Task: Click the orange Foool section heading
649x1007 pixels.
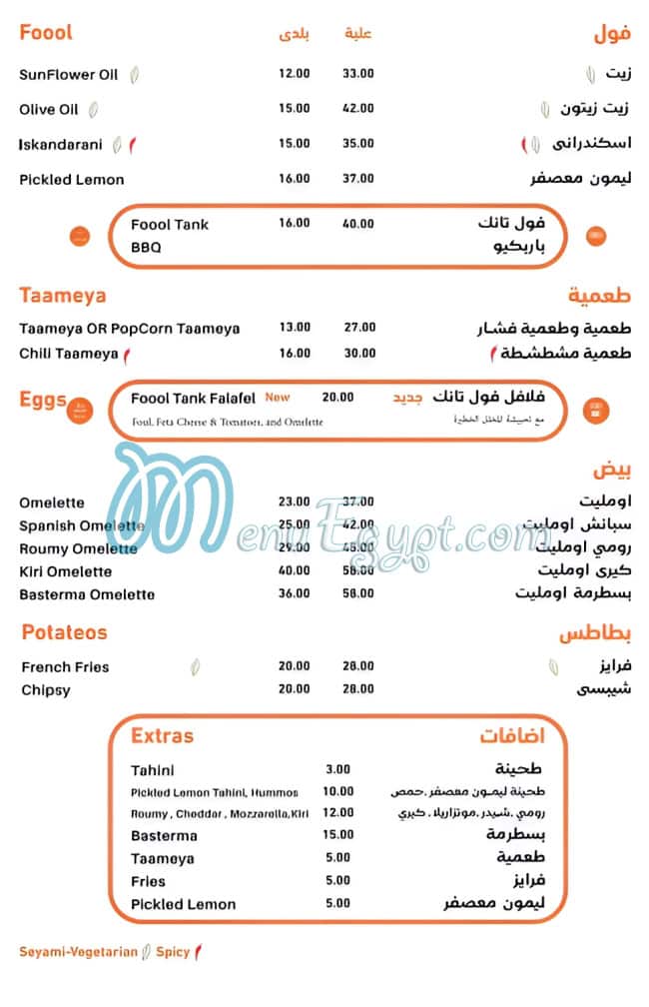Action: tap(46, 33)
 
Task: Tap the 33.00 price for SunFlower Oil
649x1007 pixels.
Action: tap(358, 74)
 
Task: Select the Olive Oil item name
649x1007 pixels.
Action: tap(48, 109)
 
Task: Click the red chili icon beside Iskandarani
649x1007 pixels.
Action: tap(132, 144)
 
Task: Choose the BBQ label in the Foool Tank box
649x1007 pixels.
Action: tap(146, 247)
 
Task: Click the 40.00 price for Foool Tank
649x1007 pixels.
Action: tap(358, 224)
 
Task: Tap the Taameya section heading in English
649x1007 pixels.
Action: tap(63, 296)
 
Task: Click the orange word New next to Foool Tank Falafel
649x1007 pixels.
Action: tap(278, 398)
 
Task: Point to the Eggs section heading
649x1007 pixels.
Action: tap(43, 401)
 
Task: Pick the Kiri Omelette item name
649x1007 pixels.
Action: tap(65, 571)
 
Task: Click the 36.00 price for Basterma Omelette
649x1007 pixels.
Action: tap(295, 594)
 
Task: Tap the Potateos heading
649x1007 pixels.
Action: tap(64, 632)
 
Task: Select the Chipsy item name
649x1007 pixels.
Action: tap(46, 689)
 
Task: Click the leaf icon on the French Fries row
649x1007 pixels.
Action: tap(198, 666)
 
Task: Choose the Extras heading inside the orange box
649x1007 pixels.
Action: tap(162, 736)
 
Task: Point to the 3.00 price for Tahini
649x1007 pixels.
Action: tap(337, 769)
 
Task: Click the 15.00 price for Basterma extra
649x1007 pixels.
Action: tap(337, 835)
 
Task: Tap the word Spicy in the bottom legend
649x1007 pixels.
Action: tap(173, 952)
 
